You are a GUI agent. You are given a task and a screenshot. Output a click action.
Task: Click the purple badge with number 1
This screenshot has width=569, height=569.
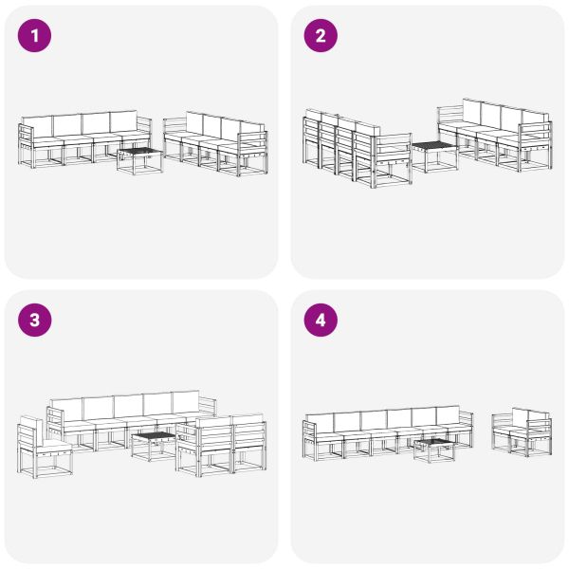click(x=36, y=36)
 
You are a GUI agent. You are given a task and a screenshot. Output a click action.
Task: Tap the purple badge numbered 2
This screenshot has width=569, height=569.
click(x=321, y=36)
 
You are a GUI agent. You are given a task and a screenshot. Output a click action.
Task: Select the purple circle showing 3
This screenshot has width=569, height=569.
click(x=36, y=321)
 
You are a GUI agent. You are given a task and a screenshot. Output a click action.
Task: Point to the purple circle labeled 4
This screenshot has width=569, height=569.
click(x=321, y=321)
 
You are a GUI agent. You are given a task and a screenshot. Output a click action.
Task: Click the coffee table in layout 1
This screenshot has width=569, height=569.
click(x=139, y=157)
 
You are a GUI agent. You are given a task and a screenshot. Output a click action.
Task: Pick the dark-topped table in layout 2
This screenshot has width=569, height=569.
click(x=431, y=155)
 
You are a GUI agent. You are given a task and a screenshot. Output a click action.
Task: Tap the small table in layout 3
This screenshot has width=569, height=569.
click(x=153, y=444)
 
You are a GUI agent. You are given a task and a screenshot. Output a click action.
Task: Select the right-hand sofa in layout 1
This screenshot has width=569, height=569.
click(x=216, y=142)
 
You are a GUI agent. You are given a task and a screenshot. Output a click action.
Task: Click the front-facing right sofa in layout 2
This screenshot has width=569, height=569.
click(x=496, y=135)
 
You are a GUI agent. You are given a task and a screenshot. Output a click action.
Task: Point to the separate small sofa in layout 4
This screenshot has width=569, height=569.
click(x=522, y=431)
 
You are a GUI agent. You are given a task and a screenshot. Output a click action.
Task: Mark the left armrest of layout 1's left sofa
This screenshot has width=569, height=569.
click(x=25, y=142)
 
